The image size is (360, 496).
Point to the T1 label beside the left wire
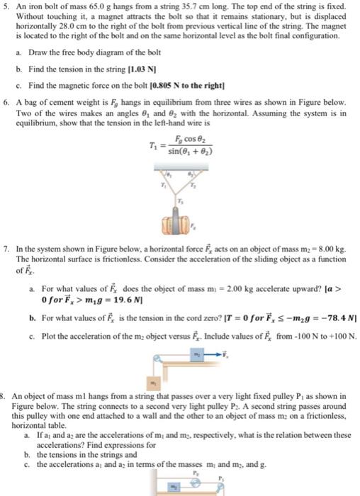click(164, 186)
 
